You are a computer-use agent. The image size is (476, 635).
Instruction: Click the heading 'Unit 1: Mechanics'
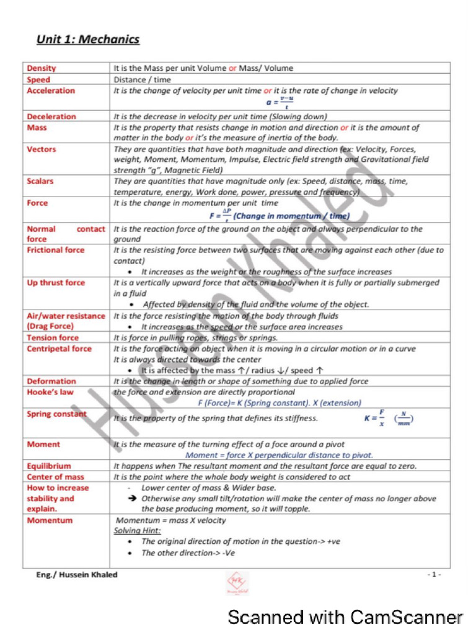click(88, 40)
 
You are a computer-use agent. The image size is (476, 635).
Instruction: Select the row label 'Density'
click(42, 68)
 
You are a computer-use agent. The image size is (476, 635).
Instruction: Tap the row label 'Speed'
click(39, 79)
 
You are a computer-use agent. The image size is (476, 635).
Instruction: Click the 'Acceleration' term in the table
click(51, 91)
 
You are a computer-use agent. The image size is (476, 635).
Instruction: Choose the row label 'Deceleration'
click(51, 117)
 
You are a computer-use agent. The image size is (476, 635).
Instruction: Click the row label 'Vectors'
click(42, 149)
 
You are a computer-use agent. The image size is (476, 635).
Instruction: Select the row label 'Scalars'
click(40, 181)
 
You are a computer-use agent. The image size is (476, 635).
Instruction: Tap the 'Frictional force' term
click(56, 250)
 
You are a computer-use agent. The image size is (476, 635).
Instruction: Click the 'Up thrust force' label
click(56, 283)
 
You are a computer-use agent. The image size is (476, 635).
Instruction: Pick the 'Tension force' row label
click(53, 338)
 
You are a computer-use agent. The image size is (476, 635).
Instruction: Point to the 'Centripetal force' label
click(59, 349)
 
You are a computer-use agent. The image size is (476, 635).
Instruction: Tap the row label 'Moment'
click(43, 445)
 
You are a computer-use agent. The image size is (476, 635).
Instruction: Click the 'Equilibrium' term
click(49, 466)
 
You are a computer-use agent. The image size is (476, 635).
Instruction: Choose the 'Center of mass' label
click(54, 477)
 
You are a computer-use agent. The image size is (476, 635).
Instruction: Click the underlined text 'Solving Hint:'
click(138, 531)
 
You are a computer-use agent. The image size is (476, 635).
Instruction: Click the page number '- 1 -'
click(434, 575)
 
